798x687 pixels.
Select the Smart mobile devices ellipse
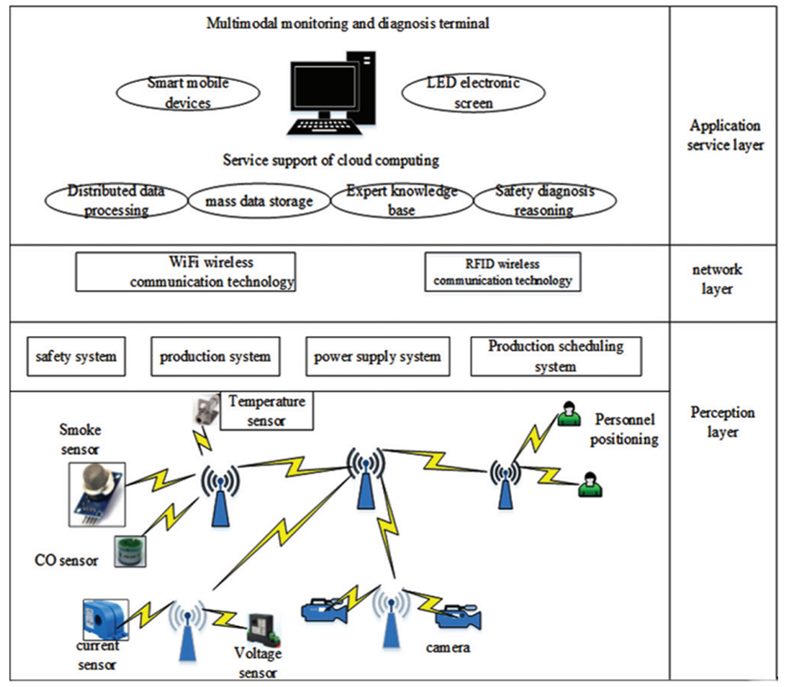click(x=188, y=93)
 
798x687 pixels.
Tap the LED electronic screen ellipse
click(x=473, y=93)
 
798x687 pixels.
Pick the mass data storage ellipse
click(x=259, y=201)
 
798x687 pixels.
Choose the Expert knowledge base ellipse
click(x=402, y=201)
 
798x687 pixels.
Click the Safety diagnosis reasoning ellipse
click(x=544, y=201)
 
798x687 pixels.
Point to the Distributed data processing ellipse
click(x=116, y=201)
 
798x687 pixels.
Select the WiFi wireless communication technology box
click(x=185, y=272)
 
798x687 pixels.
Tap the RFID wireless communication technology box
click(x=502, y=272)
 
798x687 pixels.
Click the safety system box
click(x=76, y=357)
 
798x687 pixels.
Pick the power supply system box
click(x=377, y=357)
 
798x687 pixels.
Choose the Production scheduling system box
click(x=555, y=357)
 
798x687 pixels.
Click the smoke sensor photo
click(x=97, y=494)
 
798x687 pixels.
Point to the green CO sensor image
click(x=130, y=551)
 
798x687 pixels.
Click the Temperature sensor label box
click(x=267, y=411)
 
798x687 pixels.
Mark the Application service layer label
click(x=725, y=135)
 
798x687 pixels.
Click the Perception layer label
click(x=722, y=422)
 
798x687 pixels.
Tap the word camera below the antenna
click(x=447, y=648)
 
